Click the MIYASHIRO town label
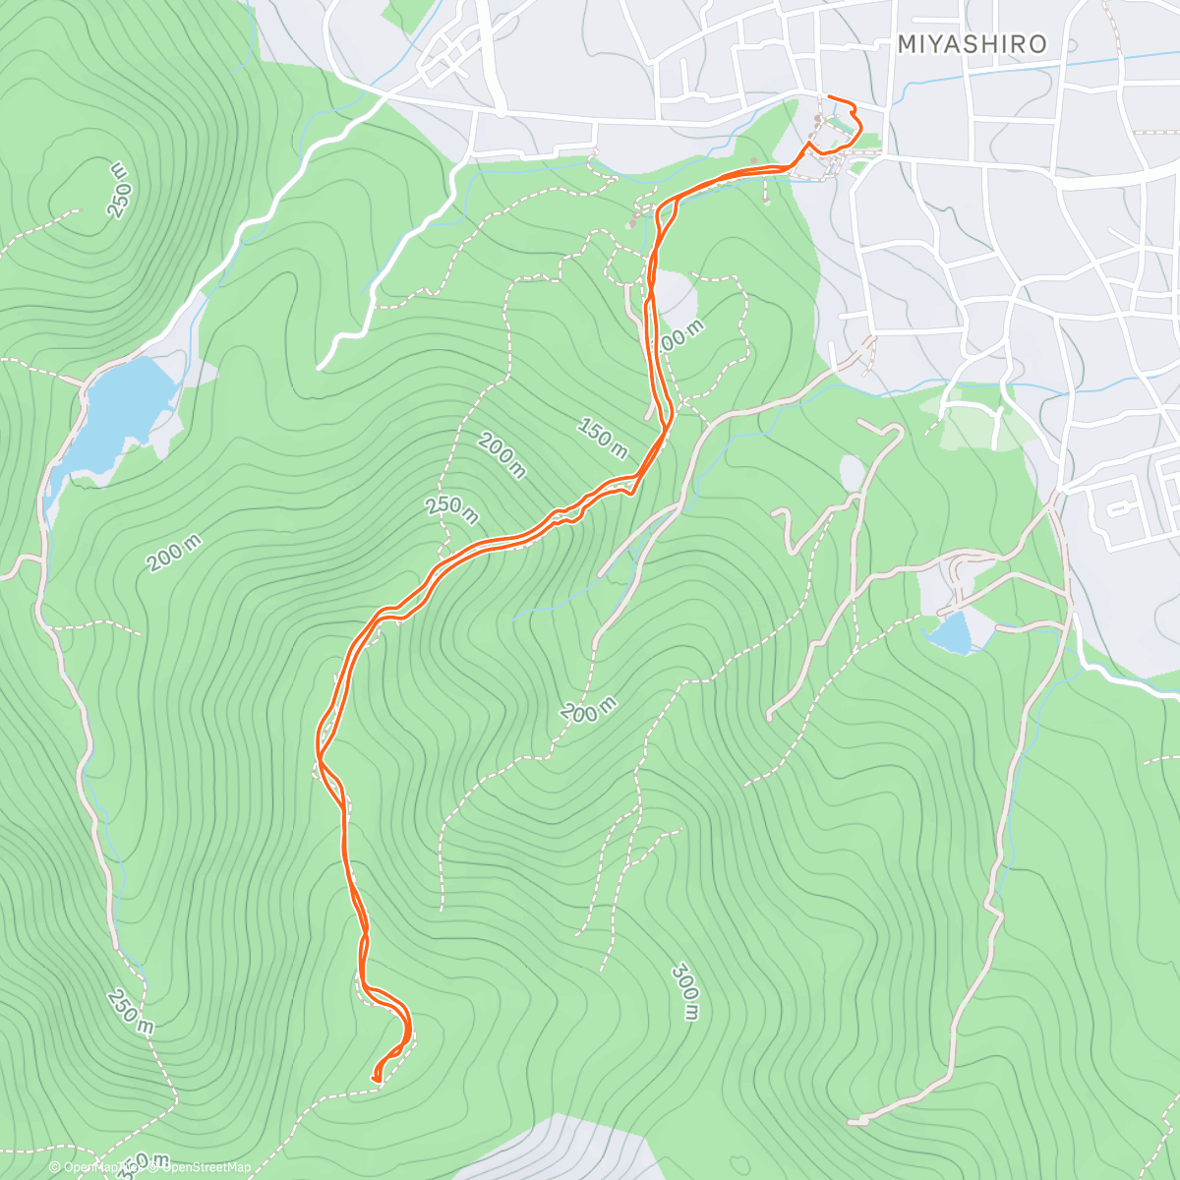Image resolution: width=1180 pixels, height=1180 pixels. point(972,44)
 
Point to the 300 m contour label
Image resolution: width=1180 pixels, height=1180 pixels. point(686,991)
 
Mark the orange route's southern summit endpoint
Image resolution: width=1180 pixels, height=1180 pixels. point(377,1080)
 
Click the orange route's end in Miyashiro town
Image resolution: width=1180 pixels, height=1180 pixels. point(831,96)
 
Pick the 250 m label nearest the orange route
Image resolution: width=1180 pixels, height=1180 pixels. point(451,508)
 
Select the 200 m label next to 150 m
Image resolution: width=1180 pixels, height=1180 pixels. point(501,455)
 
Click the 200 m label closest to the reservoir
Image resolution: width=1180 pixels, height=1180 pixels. point(175,555)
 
